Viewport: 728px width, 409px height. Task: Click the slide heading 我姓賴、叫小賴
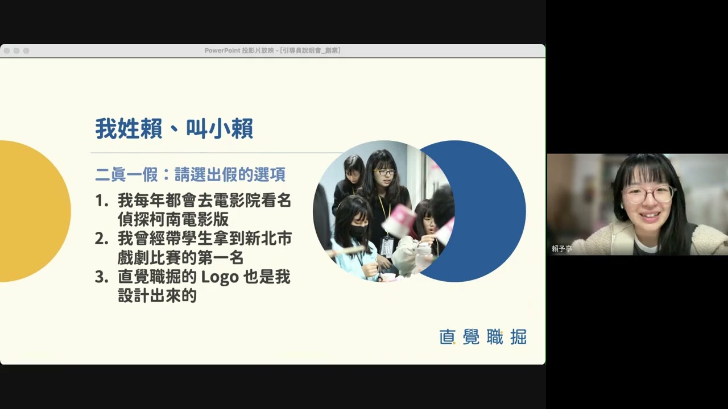(174, 129)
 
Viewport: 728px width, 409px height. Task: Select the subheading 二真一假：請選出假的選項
(190, 174)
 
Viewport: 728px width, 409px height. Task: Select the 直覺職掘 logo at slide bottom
(483, 337)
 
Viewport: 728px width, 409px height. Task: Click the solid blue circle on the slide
(489, 211)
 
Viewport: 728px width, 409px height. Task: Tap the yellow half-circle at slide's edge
(34, 211)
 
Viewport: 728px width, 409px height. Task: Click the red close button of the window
(7, 51)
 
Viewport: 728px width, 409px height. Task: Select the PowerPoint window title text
(272, 51)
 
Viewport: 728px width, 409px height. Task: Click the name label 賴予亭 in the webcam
(562, 249)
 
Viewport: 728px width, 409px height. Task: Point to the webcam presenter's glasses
(649, 194)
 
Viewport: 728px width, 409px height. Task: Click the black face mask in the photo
(357, 231)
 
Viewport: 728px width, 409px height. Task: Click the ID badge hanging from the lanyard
(387, 247)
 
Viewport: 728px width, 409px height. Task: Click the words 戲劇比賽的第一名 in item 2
(181, 258)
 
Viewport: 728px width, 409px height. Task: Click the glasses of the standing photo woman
(386, 172)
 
